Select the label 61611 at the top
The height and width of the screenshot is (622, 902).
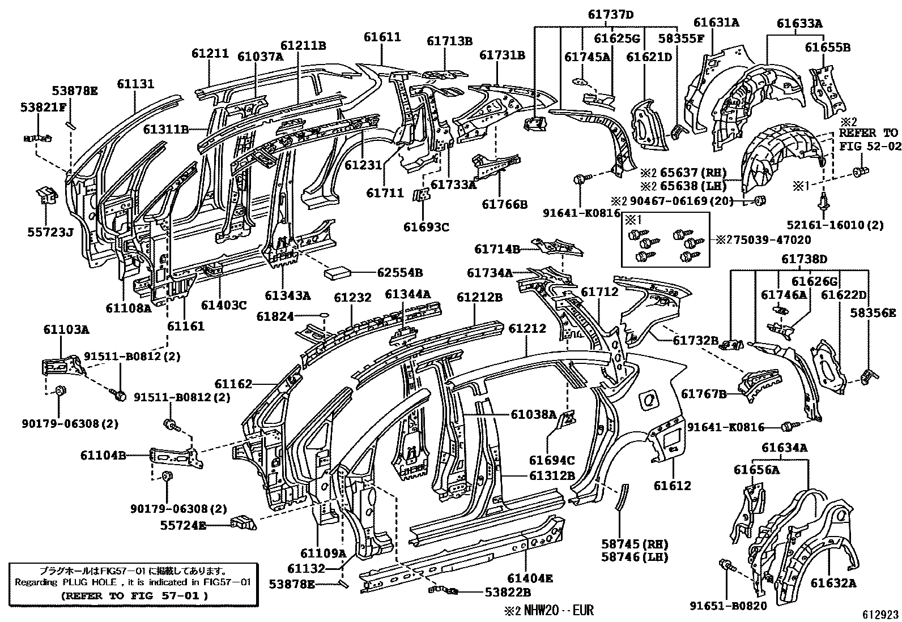coord(382,37)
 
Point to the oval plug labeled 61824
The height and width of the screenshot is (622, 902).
coord(325,315)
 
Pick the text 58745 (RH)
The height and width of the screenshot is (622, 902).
coord(634,544)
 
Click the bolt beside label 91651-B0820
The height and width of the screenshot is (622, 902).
coord(726,565)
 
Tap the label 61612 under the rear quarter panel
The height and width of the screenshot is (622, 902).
coord(672,485)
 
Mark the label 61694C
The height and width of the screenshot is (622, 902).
coord(552,460)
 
